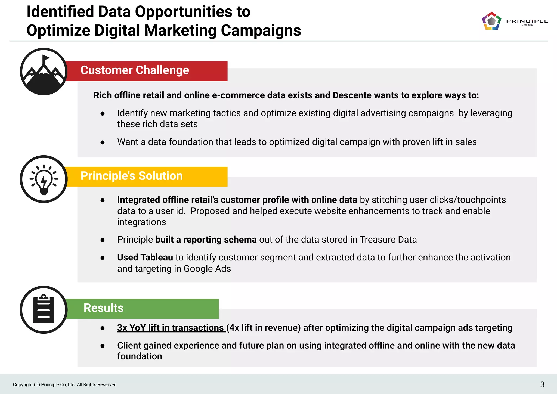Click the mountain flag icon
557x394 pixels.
click(44, 72)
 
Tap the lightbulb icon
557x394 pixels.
click(44, 179)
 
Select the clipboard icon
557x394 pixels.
click(44, 310)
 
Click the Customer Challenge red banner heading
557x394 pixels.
click(135, 70)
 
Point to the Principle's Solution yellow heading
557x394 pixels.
click(132, 176)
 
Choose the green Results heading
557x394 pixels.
click(104, 308)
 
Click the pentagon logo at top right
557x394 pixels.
click(491, 21)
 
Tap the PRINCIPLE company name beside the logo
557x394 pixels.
click(527, 21)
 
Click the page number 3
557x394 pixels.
click(542, 384)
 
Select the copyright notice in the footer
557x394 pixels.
click(65, 384)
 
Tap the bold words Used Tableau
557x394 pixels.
click(145, 258)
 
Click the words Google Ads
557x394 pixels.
click(207, 269)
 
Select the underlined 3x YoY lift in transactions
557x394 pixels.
click(171, 328)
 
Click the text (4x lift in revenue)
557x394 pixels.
click(263, 328)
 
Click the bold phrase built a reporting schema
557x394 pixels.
click(206, 240)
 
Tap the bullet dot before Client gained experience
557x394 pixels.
click(103, 346)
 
